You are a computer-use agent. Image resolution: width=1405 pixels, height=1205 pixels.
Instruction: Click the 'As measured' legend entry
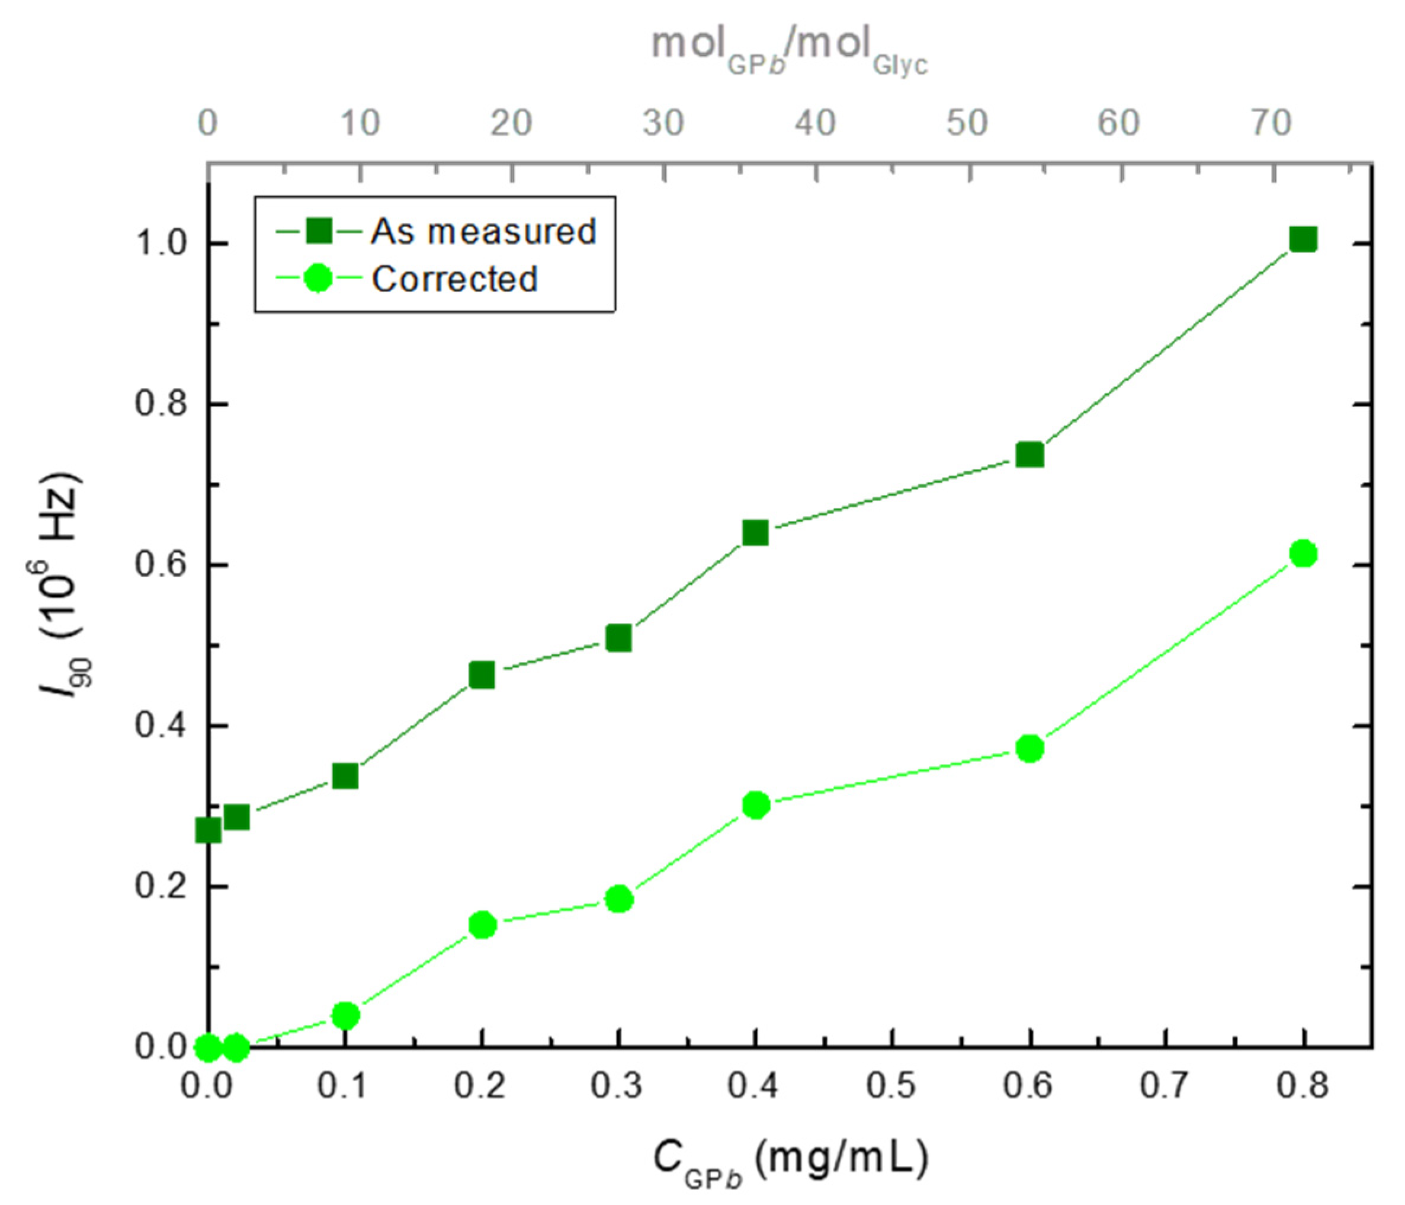[x=483, y=231]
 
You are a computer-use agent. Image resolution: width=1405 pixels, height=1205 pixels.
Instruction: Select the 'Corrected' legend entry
[x=454, y=279]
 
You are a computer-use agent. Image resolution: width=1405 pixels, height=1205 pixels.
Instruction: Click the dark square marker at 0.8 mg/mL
[x=1303, y=239]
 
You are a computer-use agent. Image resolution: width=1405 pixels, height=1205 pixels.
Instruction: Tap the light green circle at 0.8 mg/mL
[x=1303, y=554]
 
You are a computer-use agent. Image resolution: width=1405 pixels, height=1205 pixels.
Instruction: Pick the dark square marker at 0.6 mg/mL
[x=1030, y=454]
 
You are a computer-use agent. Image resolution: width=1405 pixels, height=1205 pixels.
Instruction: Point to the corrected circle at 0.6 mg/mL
[x=1030, y=749]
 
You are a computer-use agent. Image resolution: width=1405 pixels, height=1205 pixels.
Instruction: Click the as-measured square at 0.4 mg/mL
[x=755, y=533]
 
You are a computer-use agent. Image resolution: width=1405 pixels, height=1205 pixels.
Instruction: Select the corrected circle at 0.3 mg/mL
[x=618, y=900]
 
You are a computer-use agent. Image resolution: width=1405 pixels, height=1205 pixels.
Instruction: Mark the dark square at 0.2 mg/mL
[x=482, y=675]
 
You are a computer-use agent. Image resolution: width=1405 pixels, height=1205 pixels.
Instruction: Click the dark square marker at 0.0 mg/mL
[x=208, y=830]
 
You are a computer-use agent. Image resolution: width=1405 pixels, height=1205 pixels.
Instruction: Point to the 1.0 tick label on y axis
[x=161, y=244]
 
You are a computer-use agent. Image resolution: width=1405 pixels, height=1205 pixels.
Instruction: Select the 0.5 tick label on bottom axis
[x=891, y=1086]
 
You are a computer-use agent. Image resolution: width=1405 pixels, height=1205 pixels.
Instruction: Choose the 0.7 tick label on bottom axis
[x=1165, y=1086]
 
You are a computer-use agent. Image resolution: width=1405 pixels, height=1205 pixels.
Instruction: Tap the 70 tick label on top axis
[x=1271, y=123]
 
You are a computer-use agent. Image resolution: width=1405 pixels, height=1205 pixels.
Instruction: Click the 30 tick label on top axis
[x=663, y=123]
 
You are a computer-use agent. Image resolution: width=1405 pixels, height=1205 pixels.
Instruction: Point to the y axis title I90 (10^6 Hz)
[x=65, y=583]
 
